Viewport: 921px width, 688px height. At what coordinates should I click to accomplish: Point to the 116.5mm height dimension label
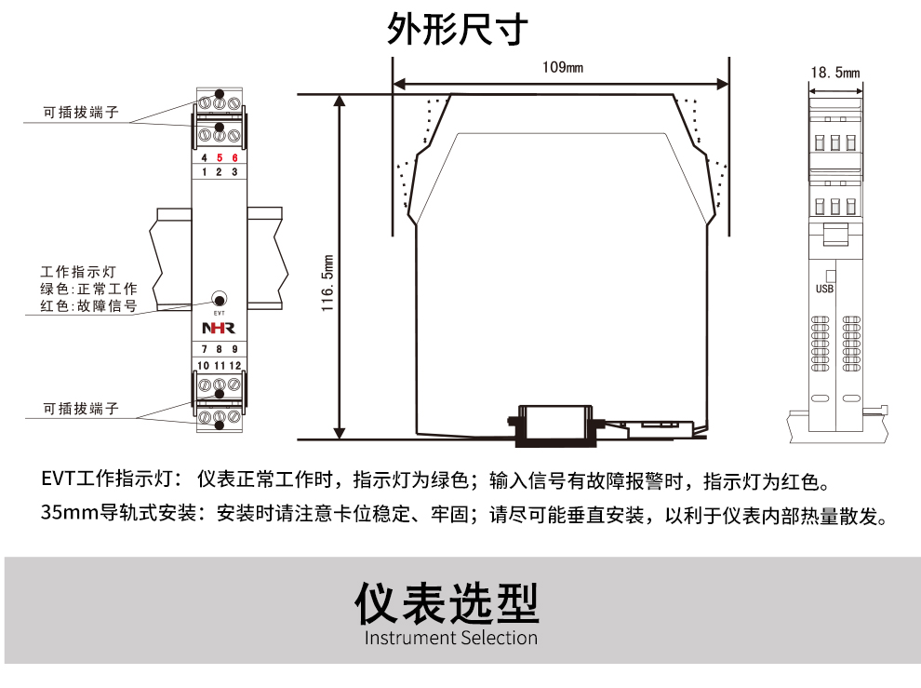click(x=327, y=282)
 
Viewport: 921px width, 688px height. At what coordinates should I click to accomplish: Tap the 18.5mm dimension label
click(x=834, y=73)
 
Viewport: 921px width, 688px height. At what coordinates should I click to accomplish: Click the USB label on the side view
click(x=824, y=289)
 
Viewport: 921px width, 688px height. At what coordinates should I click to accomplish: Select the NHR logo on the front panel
click(x=219, y=329)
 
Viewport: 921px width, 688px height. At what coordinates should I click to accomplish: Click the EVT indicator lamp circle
click(x=219, y=299)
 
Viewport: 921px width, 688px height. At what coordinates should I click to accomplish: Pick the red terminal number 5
click(x=220, y=158)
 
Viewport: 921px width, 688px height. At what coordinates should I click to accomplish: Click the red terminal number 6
click(x=234, y=158)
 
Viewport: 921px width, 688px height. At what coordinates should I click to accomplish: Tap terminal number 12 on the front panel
click(x=235, y=365)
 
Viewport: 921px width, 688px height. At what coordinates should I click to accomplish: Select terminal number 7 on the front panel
click(x=205, y=350)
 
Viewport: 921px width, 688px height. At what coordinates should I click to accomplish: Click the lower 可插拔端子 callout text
click(x=81, y=409)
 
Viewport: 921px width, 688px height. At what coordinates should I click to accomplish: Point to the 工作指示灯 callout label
click(x=78, y=272)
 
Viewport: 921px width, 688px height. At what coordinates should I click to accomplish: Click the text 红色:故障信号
click(x=89, y=305)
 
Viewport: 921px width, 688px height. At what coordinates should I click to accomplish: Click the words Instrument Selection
click(x=450, y=639)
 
